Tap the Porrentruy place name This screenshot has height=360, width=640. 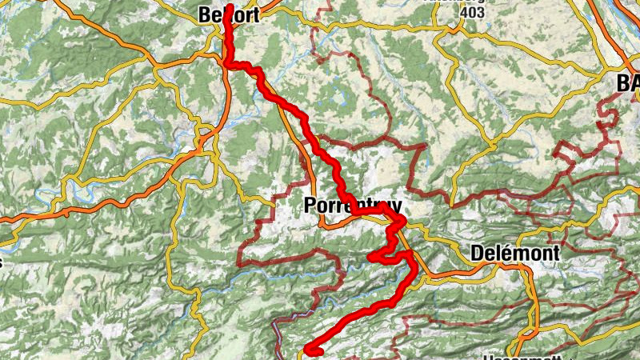coord(350,206)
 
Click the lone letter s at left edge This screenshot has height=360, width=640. coord(2,260)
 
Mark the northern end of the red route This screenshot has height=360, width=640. coord(230,7)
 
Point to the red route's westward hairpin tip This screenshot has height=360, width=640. coord(370,257)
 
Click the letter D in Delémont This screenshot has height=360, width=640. coord(478,253)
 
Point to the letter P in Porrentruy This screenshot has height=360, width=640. coord(310,206)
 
